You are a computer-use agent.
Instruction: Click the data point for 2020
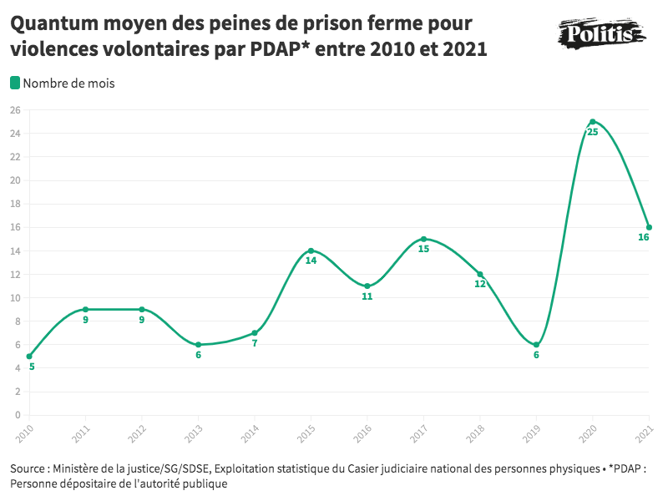(x=593, y=122)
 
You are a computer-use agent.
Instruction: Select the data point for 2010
(x=29, y=357)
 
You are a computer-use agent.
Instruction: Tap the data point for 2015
(x=311, y=250)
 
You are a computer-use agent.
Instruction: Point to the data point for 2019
(x=536, y=345)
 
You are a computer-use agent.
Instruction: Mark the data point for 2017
(x=423, y=239)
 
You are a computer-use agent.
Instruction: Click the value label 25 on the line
(x=593, y=132)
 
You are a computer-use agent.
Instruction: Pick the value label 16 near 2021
(x=644, y=237)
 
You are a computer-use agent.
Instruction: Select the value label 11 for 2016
(x=367, y=296)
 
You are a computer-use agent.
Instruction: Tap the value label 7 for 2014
(x=255, y=343)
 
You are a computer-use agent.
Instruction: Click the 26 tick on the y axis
(x=15, y=110)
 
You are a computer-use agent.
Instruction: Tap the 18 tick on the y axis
(x=15, y=204)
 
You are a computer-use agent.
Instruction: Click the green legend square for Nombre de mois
(x=15, y=83)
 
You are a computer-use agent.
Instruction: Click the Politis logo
(x=601, y=34)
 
